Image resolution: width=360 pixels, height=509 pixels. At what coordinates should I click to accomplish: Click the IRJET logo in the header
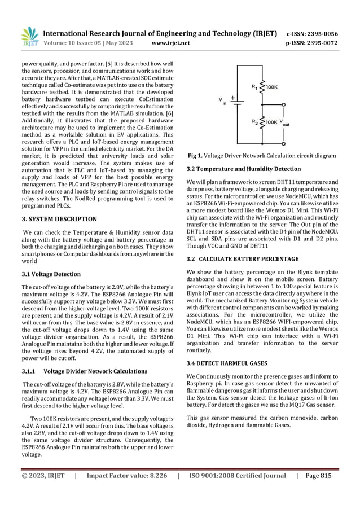coord(29,37)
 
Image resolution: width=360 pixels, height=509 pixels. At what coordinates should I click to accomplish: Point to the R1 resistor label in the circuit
coord(254,88)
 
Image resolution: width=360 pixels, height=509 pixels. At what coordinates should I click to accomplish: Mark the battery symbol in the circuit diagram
coord(239,103)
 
